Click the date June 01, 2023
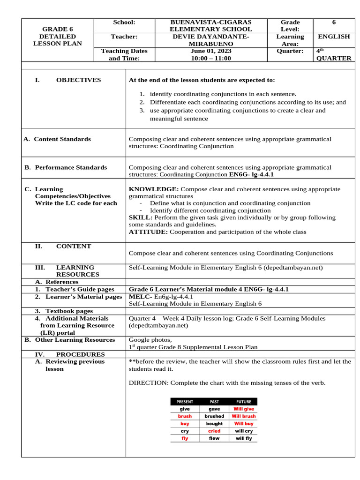pyautogui.click(x=211, y=51)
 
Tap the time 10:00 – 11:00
pyautogui.click(x=211, y=58)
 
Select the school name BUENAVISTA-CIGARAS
pyautogui.click(x=211, y=22)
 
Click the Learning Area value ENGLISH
pyautogui.click(x=334, y=37)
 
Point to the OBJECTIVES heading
pyautogui.click(x=78, y=80)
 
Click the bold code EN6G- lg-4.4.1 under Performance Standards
pyautogui.click(x=251, y=174)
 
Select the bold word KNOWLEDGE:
pyautogui.click(x=153, y=189)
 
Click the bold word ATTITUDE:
pyautogui.click(x=148, y=232)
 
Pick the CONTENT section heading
pyautogui.click(x=74, y=246)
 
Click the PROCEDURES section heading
pyautogui.click(x=80, y=354)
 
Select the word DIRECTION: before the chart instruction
pyautogui.click(x=148, y=383)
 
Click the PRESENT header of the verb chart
pyautogui.click(x=185, y=402)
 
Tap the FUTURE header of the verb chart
pyautogui.click(x=243, y=402)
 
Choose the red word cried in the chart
pyautogui.click(x=214, y=431)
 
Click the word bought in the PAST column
pyautogui.click(x=214, y=423)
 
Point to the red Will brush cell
pyautogui.click(x=243, y=416)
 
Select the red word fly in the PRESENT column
pyautogui.click(x=185, y=438)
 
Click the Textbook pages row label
pyautogui.click(x=69, y=311)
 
